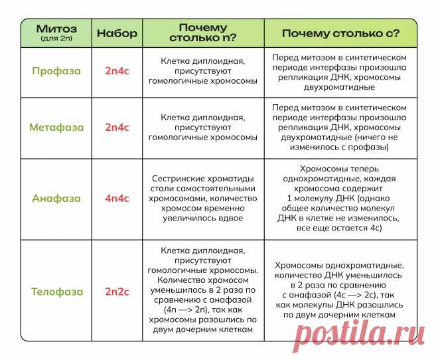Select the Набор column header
tap(117, 33)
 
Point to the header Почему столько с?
tap(340, 33)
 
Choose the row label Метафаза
tap(56, 126)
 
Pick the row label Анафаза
tap(56, 198)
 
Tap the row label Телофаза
tap(56, 291)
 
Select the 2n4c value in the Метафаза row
tap(117, 126)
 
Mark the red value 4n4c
tap(117, 198)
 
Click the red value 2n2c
tap(117, 291)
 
